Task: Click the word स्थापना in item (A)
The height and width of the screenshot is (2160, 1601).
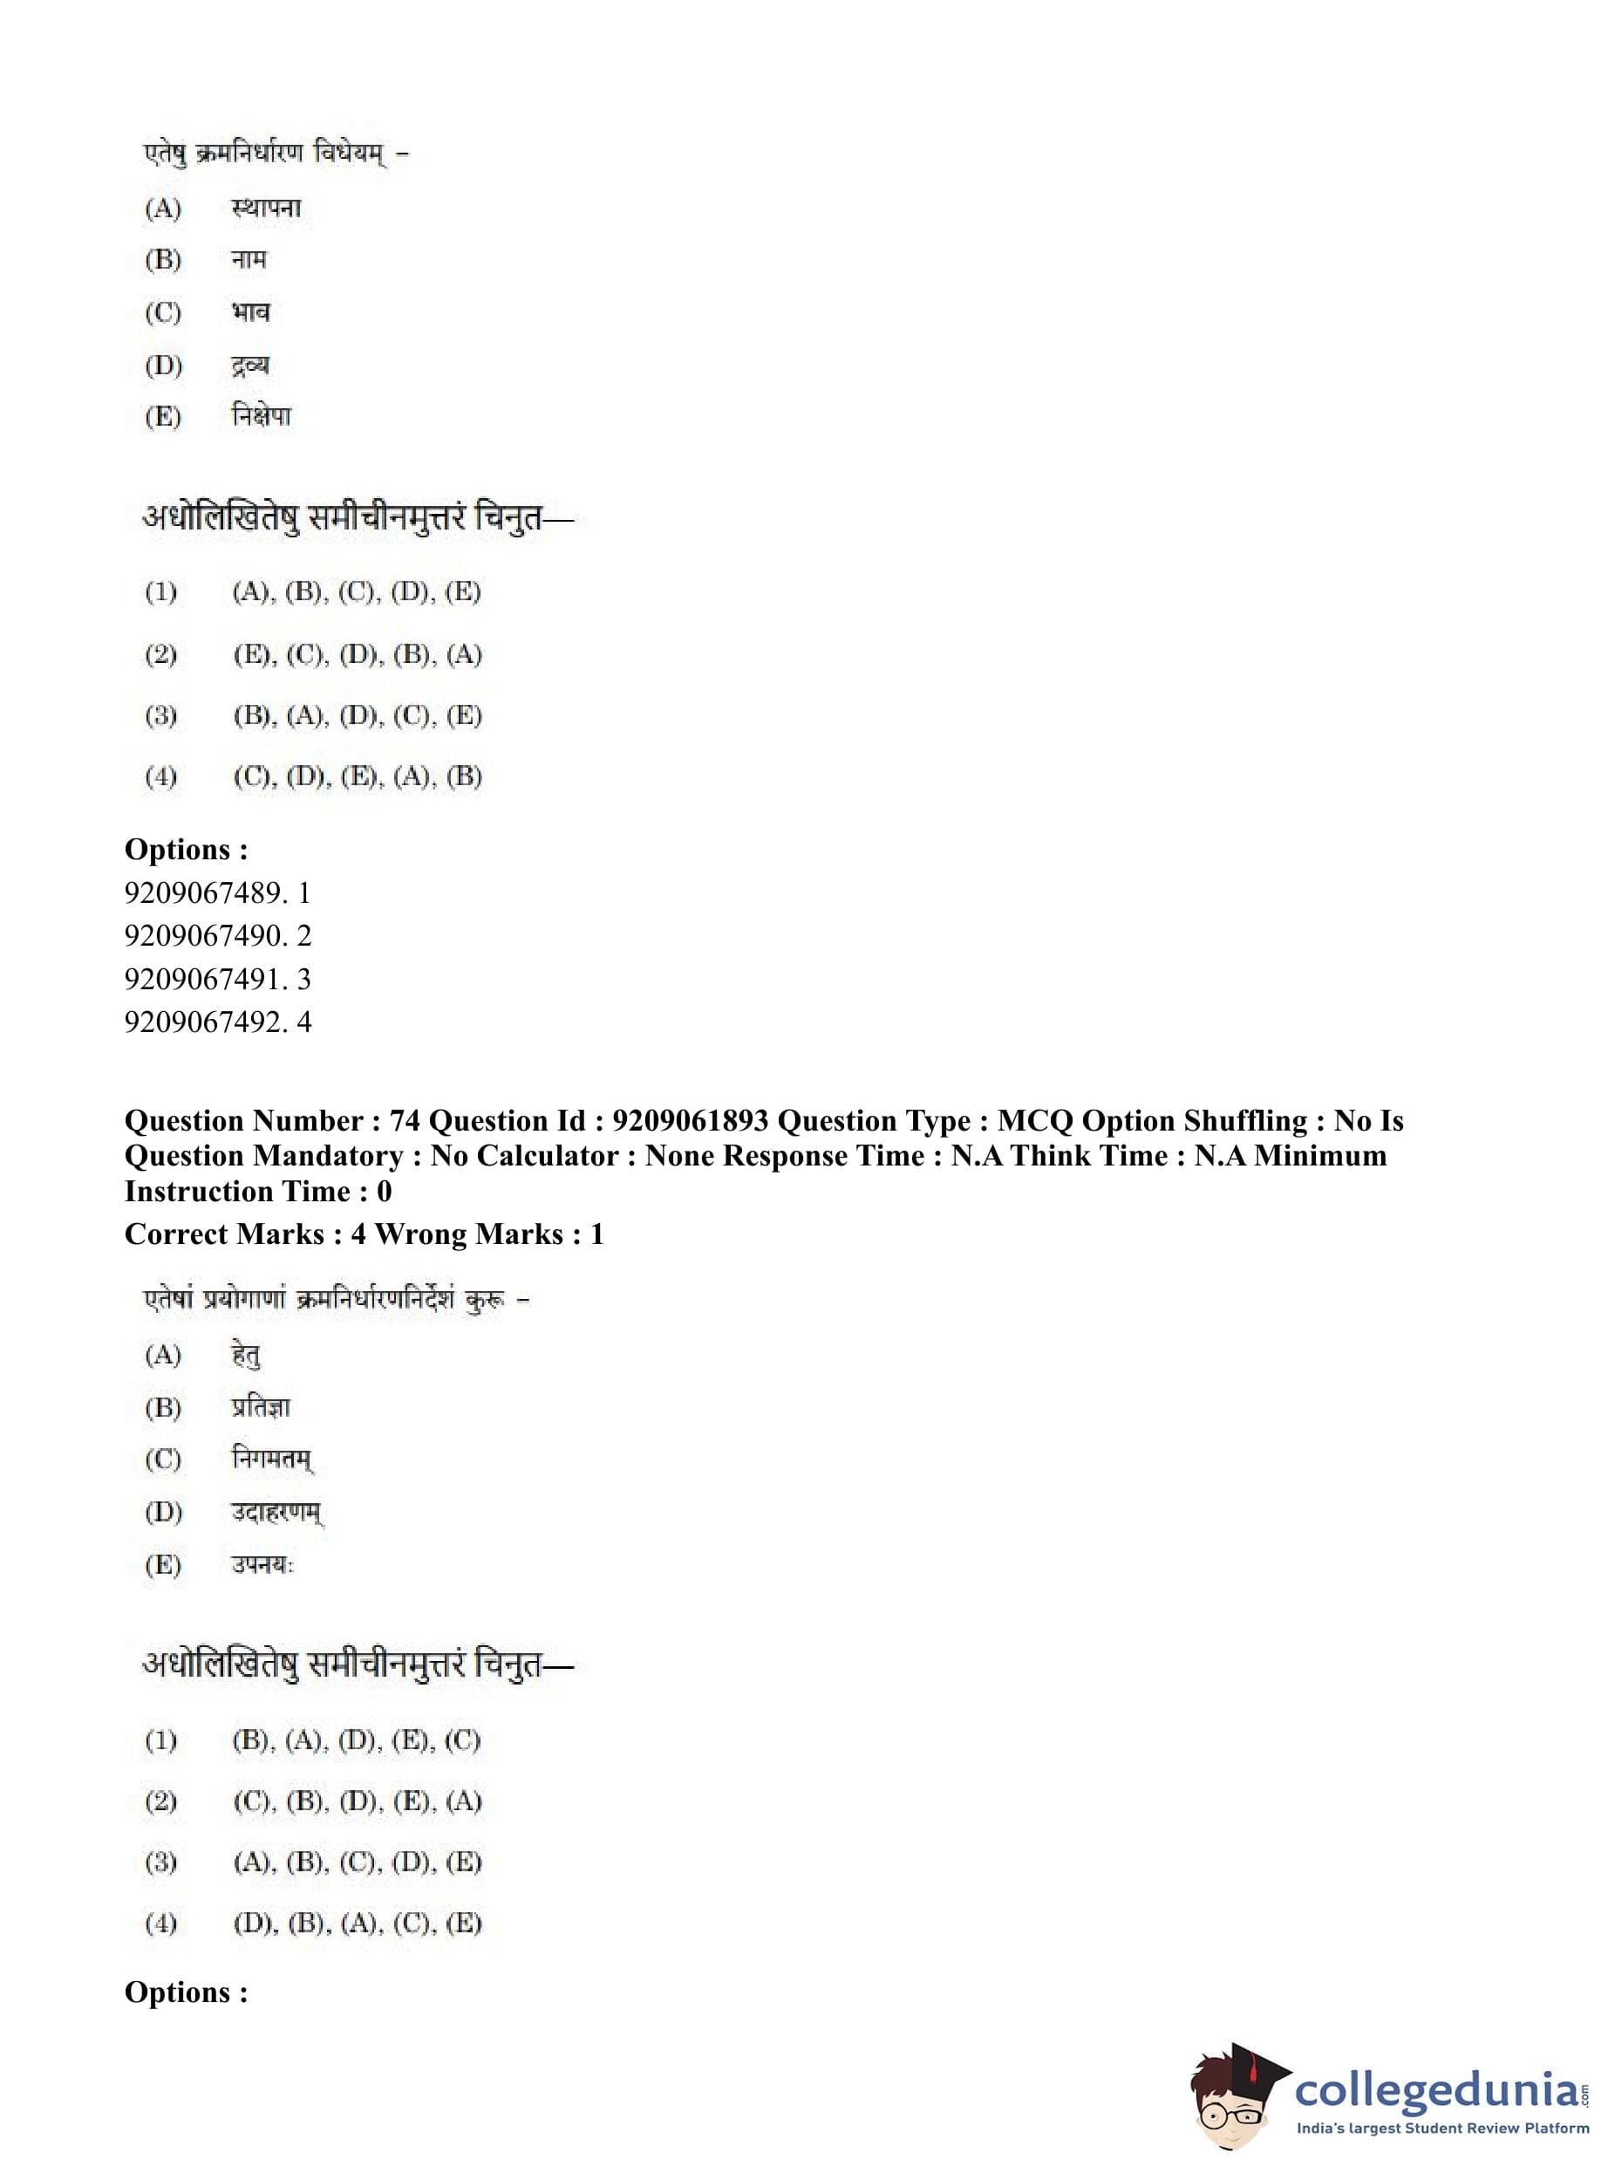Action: tap(266, 208)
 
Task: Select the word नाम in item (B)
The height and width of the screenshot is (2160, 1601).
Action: tap(249, 260)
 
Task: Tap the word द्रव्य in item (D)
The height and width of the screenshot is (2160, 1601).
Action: tap(250, 366)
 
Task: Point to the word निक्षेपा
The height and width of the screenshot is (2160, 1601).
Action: tap(261, 417)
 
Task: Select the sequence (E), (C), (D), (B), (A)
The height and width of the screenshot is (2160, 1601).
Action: tap(357, 655)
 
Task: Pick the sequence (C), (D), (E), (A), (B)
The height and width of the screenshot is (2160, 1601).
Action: tap(357, 776)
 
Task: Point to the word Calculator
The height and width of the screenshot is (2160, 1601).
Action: tap(549, 1157)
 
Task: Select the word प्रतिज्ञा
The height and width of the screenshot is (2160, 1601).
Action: tap(260, 1408)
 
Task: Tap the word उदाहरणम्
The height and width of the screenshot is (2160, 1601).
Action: tap(277, 1513)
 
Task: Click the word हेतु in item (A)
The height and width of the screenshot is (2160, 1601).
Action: tap(246, 1355)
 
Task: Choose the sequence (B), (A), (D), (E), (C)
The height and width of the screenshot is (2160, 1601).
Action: tap(357, 1740)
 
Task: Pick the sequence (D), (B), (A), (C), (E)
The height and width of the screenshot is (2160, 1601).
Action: tap(357, 1924)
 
